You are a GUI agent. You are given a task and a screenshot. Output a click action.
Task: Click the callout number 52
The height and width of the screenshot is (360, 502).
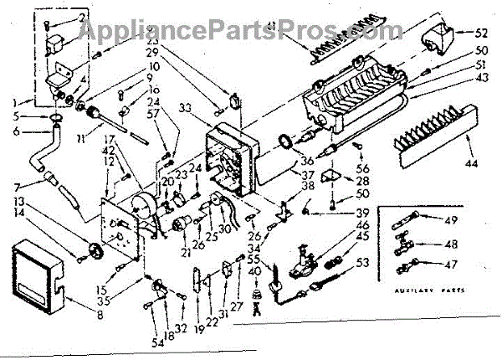pos(481,35)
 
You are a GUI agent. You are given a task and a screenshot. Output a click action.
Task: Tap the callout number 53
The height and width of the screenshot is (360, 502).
pos(364,265)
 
